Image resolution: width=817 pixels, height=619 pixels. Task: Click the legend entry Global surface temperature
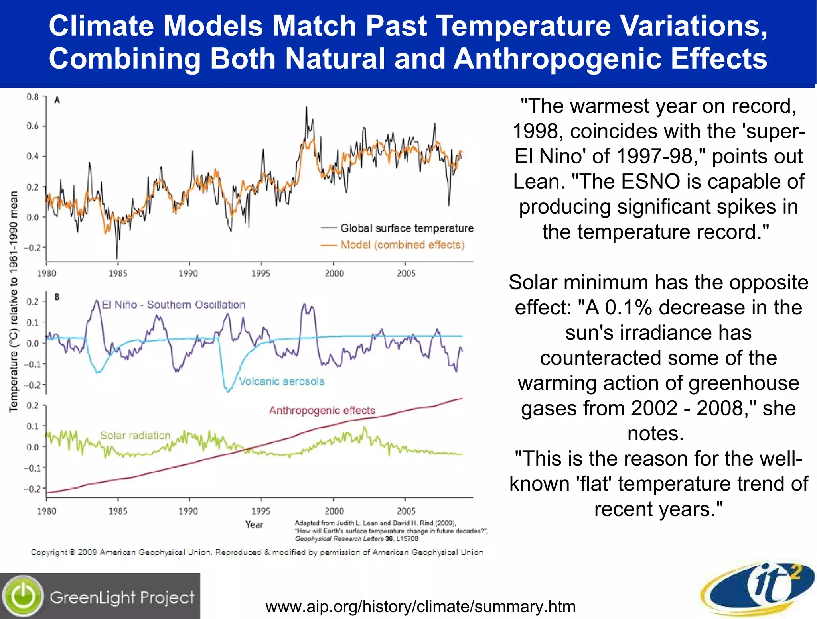click(x=407, y=228)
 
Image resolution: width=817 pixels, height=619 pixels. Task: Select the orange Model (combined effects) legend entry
click(x=402, y=245)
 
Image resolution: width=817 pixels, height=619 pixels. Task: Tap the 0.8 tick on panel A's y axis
click(x=33, y=97)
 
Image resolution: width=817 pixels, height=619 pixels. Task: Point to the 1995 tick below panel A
click(x=261, y=273)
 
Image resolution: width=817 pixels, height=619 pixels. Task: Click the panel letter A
click(x=57, y=100)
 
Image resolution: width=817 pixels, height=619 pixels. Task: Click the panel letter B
click(x=57, y=297)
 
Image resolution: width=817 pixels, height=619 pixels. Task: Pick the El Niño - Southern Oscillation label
click(x=174, y=305)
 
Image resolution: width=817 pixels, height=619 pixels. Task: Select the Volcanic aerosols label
click(x=281, y=381)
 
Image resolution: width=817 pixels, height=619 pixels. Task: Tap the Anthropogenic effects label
click(x=322, y=410)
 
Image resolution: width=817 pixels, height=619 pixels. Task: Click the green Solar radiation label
click(x=135, y=435)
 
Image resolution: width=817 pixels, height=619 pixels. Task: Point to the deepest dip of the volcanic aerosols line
click(x=228, y=391)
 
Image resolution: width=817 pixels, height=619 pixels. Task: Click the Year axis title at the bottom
click(x=255, y=525)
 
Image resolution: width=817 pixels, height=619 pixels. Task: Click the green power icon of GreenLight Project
click(x=23, y=596)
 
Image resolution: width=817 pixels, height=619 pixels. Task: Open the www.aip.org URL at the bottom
click(x=420, y=607)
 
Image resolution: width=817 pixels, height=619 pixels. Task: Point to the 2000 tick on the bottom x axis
click(x=334, y=511)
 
